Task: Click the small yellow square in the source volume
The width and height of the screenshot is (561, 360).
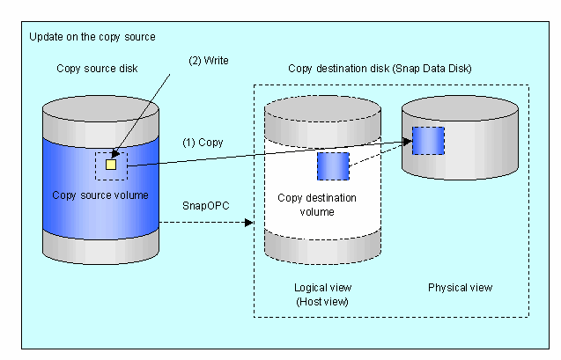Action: tap(111, 165)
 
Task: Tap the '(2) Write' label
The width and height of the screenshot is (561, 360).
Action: tap(209, 61)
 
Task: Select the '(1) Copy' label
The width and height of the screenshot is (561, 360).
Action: tap(203, 143)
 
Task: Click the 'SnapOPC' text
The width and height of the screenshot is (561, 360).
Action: tap(206, 206)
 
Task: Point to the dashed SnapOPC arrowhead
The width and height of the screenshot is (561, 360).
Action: tap(248, 223)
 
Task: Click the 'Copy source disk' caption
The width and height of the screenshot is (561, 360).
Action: tap(97, 69)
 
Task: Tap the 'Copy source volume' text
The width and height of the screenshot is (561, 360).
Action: tap(100, 195)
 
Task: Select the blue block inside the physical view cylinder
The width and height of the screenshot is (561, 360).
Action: tap(428, 141)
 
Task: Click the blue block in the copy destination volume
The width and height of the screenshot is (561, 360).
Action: tap(333, 166)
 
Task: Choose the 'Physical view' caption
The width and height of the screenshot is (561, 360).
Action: tap(460, 288)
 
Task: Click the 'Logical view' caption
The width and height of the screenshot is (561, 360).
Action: tap(322, 288)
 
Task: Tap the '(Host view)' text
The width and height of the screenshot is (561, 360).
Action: tap(322, 302)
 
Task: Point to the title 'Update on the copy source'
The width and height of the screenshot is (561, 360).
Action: tap(92, 37)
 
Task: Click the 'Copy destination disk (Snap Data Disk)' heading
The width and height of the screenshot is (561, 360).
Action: tap(380, 69)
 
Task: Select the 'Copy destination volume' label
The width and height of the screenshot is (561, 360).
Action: tap(317, 205)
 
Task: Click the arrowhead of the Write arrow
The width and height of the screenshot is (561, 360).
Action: tap(114, 154)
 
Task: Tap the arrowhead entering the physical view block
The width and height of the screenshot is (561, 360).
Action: tap(408, 141)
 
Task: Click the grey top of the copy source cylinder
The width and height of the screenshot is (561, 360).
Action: tap(100, 108)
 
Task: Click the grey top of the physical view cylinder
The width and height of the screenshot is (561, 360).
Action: tap(460, 108)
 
